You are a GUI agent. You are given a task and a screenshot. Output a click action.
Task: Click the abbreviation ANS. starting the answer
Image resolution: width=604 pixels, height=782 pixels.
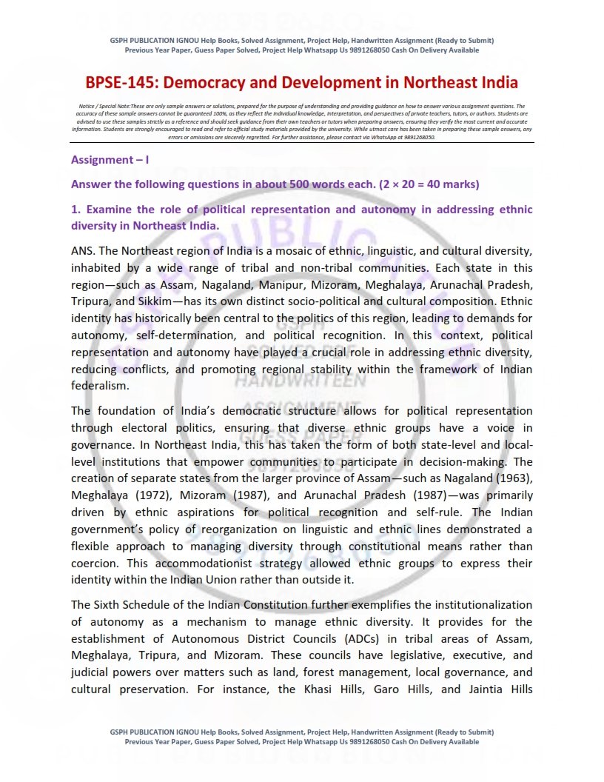tap(84, 250)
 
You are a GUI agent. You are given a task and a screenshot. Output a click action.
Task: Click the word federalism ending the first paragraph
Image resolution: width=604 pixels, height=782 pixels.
tap(98, 386)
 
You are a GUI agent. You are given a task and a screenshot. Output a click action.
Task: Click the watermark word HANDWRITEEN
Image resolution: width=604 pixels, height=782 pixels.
tap(301, 381)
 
